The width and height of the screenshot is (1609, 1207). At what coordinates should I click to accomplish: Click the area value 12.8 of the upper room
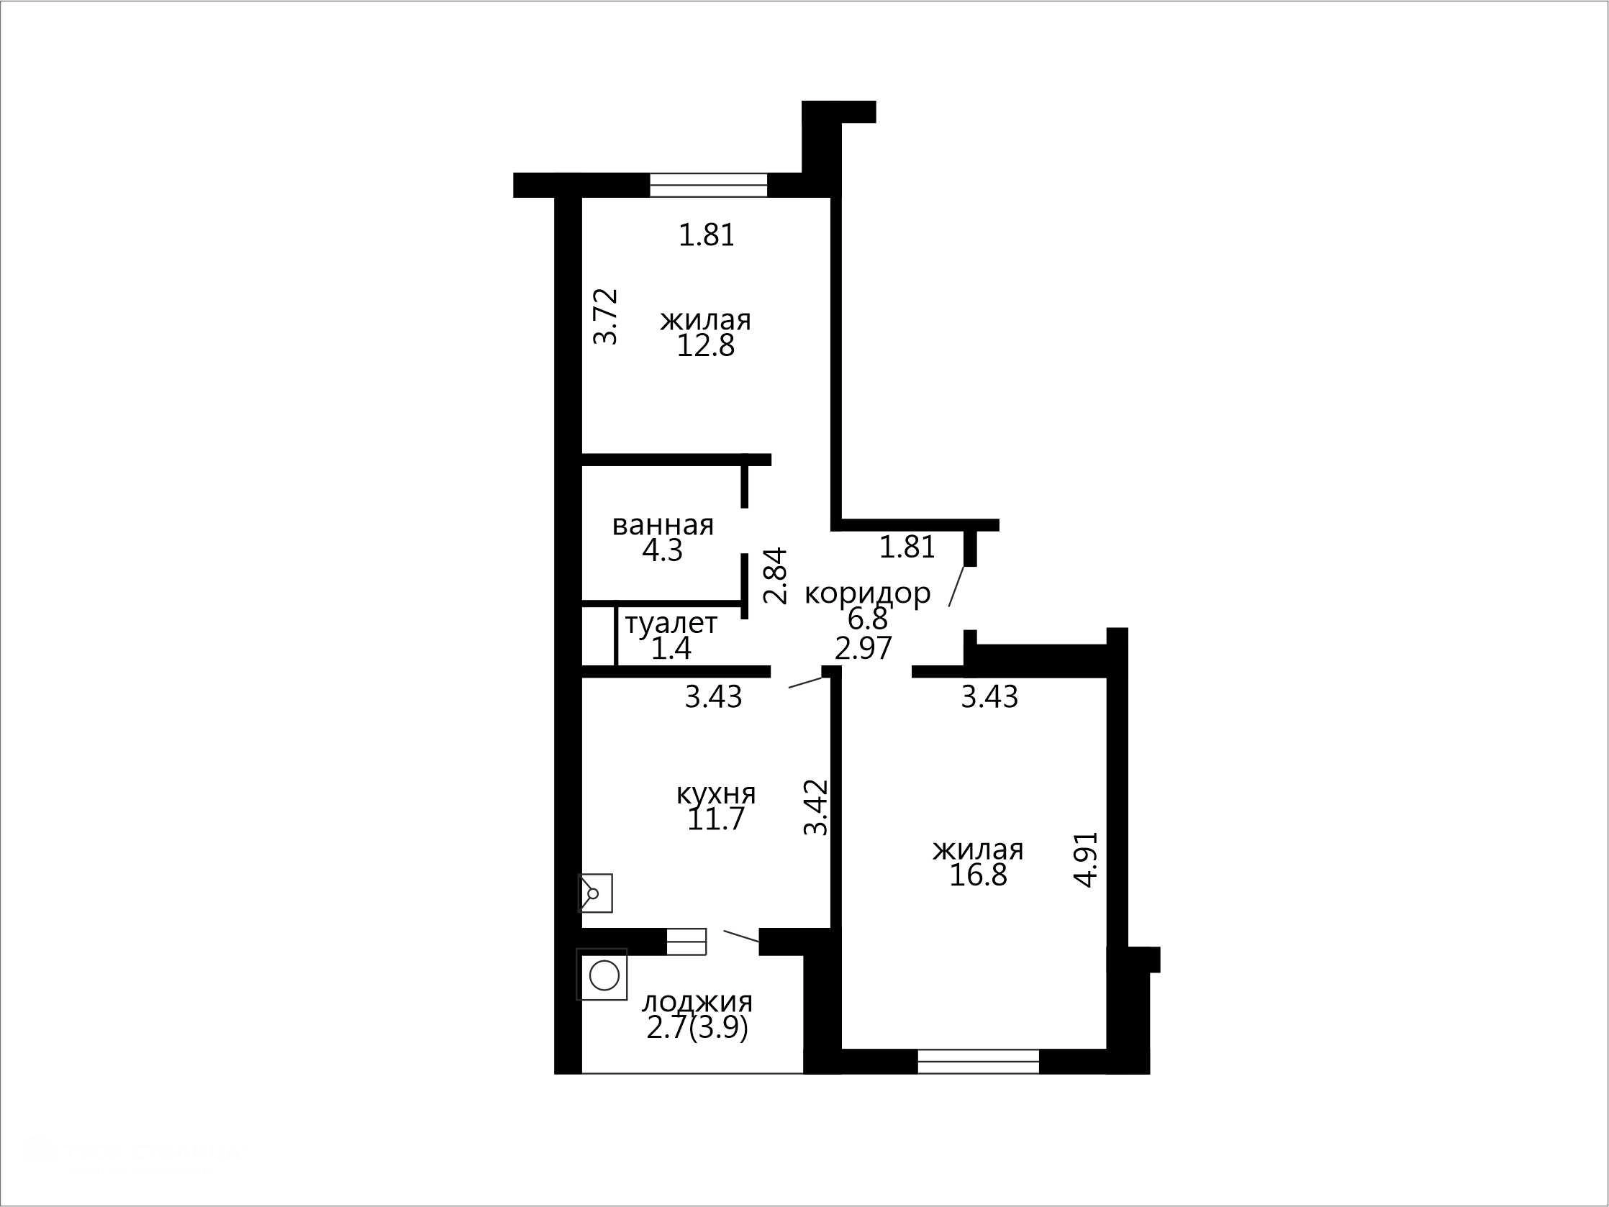click(706, 346)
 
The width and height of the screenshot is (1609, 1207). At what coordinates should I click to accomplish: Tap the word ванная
click(663, 525)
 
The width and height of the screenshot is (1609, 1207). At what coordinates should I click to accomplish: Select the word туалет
click(671, 623)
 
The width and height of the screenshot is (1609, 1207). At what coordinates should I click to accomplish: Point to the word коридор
click(867, 594)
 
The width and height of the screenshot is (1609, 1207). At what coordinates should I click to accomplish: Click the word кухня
click(716, 793)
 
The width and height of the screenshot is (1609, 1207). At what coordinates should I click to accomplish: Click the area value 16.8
click(978, 875)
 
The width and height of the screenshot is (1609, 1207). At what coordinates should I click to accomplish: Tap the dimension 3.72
click(606, 316)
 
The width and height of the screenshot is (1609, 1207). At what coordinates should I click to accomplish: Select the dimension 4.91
click(1086, 859)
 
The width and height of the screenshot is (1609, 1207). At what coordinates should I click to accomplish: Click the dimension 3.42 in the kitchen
click(816, 807)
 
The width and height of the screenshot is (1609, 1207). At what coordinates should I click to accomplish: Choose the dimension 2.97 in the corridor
click(864, 648)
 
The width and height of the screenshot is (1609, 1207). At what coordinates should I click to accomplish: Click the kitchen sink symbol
click(595, 893)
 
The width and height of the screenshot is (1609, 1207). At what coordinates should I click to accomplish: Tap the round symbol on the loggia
click(604, 975)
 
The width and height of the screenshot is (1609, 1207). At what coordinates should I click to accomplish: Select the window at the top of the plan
click(709, 185)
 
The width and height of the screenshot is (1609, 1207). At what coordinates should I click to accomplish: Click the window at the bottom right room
click(979, 1062)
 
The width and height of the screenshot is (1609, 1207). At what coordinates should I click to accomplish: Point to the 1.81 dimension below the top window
click(707, 235)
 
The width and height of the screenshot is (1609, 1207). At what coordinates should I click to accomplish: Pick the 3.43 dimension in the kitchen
click(714, 696)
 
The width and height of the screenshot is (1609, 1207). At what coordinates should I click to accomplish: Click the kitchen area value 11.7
click(716, 819)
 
